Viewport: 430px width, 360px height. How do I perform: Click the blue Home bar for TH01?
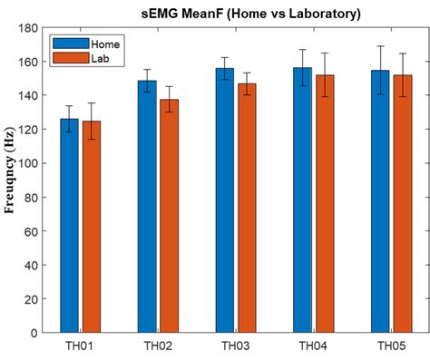[x=69, y=227]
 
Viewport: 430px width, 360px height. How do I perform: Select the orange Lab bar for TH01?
[x=91, y=227]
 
